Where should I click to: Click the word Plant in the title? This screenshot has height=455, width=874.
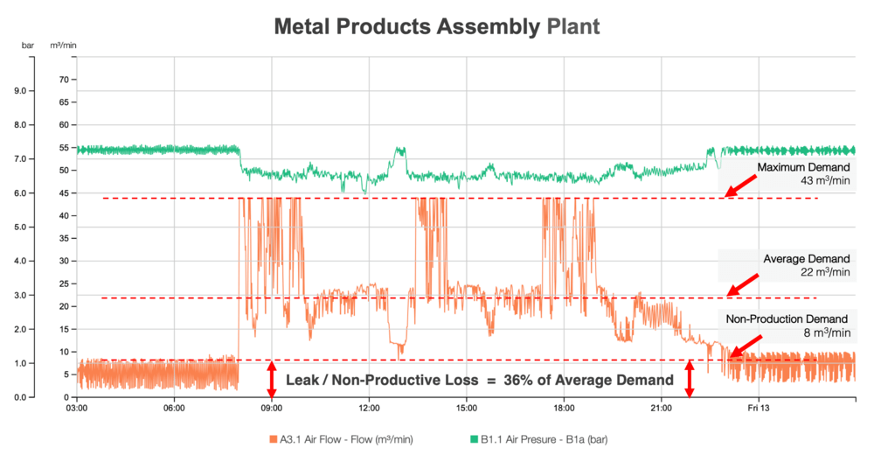573,26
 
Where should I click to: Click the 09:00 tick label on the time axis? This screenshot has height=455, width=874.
271,408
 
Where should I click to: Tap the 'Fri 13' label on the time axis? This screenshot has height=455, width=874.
758,408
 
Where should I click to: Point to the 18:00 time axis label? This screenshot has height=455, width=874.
564,408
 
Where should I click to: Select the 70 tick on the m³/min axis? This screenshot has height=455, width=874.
63,80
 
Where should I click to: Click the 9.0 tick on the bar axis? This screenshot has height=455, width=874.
25,91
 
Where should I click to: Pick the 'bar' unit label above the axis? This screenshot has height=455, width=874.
27,45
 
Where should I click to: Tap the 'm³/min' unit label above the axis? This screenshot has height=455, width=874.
63,45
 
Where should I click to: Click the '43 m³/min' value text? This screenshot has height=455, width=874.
823,181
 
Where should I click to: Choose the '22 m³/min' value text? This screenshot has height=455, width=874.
823,272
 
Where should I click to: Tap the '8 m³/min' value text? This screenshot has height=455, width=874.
826,332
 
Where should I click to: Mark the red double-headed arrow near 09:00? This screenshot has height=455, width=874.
271,379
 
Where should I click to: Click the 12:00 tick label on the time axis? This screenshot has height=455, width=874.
369,408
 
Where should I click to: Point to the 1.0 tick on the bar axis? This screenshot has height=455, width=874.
25,363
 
